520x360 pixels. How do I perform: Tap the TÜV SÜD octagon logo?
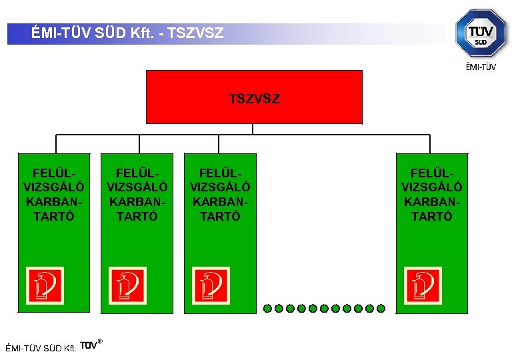click(x=480, y=33)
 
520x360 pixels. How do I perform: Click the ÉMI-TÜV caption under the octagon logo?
click(x=480, y=66)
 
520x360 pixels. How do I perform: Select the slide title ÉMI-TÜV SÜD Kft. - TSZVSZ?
click(x=127, y=33)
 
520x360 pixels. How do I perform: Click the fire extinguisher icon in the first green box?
click(x=45, y=285)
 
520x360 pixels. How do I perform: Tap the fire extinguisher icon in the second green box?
click(x=128, y=285)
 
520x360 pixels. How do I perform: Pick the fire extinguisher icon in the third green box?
click(x=211, y=285)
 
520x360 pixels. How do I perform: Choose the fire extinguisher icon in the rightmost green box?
click(x=423, y=285)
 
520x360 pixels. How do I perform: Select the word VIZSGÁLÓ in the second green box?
click(x=137, y=187)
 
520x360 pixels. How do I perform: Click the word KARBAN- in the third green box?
click(x=220, y=201)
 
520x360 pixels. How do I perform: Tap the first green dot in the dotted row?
click(x=267, y=309)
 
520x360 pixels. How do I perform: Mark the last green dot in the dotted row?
click(x=381, y=309)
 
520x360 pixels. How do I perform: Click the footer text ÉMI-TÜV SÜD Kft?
click(x=41, y=348)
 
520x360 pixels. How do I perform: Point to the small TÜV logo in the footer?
click(x=91, y=345)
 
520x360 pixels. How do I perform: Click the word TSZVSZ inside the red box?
click(x=254, y=99)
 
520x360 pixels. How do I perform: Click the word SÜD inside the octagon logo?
click(x=481, y=42)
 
